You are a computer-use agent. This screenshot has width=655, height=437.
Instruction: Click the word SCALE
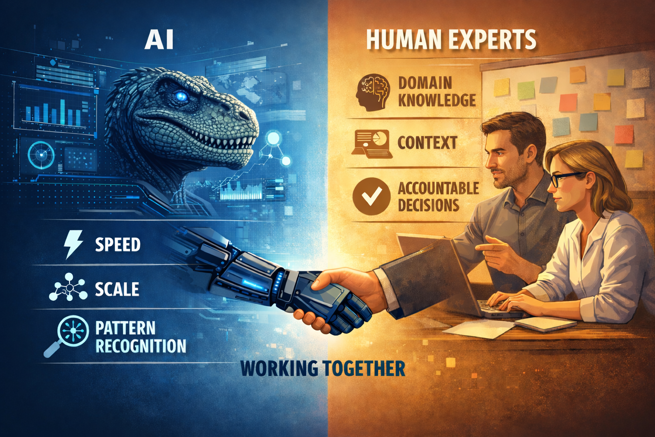pos(117,289)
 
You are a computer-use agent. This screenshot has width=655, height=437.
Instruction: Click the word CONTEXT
pos(427,143)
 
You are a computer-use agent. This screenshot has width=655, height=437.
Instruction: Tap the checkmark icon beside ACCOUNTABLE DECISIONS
pos(371,196)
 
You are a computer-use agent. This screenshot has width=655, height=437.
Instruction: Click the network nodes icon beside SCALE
pos(68,288)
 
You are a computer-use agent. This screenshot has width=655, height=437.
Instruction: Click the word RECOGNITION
pos(141,346)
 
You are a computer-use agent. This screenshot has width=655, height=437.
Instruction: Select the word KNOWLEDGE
pos(437,100)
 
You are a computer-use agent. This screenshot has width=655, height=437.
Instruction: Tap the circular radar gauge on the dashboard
pos(41,154)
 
